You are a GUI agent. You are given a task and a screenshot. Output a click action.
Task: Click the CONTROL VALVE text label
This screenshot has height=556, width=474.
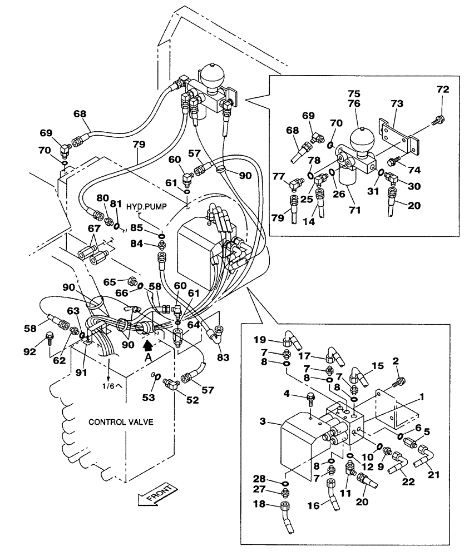tap(121, 423)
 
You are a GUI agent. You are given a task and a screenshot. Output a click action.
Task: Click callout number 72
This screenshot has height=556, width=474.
tap(442, 90)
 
